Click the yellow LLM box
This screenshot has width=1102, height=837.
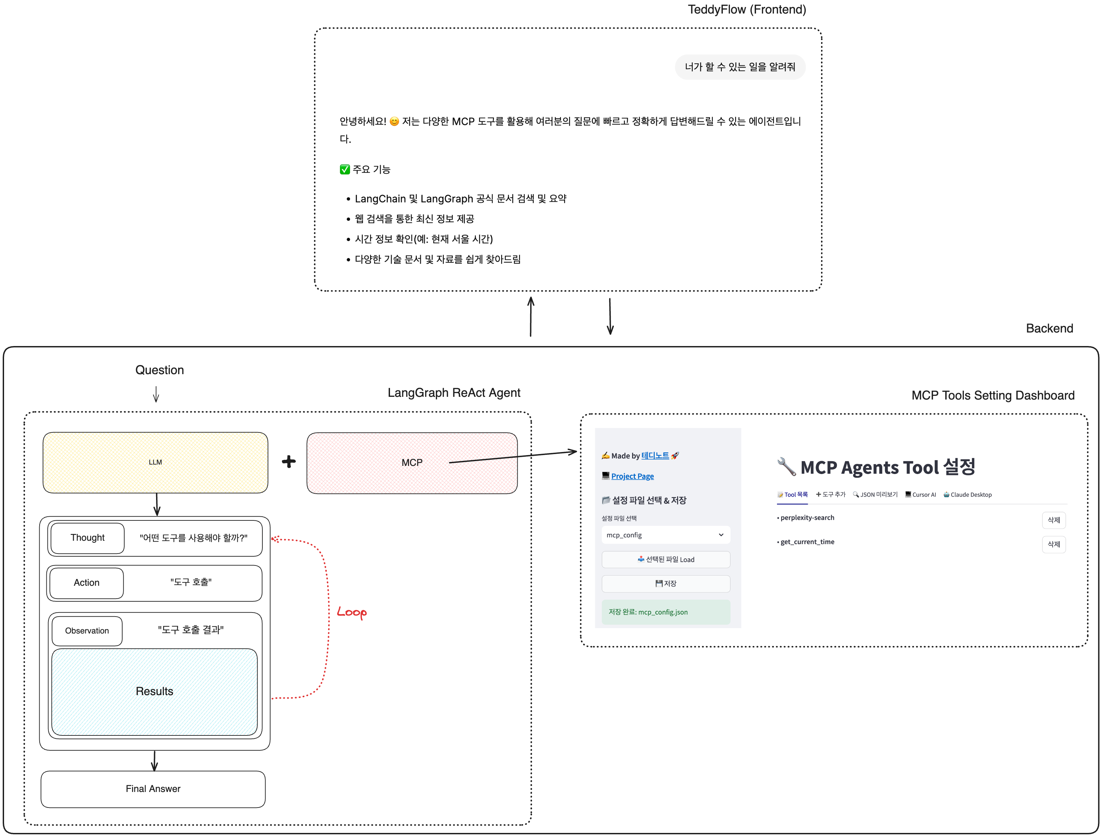click(155, 462)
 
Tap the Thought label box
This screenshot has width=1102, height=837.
click(87, 538)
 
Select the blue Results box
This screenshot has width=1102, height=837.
click(154, 691)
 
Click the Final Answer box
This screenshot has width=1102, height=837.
click(153, 789)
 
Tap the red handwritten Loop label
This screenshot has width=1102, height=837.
click(352, 612)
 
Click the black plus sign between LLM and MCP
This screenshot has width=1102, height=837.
click(288, 462)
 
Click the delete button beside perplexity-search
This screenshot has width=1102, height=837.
click(1053, 520)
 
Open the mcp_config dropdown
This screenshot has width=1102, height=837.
click(666, 535)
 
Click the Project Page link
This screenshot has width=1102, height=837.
click(632, 476)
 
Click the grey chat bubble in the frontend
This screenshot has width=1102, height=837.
click(740, 67)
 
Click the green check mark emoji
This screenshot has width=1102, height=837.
click(345, 169)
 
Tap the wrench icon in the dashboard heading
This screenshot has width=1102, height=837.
click(786, 467)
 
